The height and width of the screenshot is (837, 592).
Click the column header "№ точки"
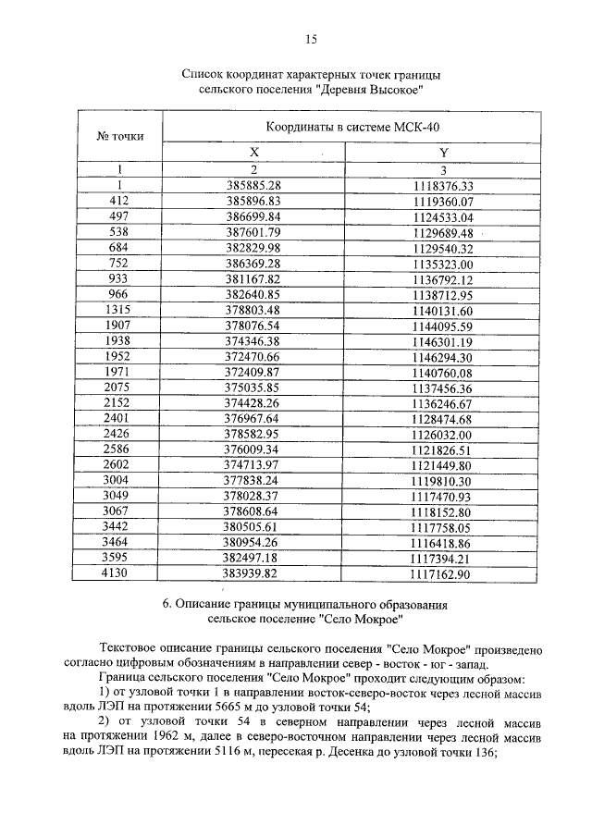coord(119,136)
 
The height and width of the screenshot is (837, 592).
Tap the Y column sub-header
coord(443,153)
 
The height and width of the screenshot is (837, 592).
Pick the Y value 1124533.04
coord(443,216)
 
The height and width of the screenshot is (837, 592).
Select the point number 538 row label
coord(118,232)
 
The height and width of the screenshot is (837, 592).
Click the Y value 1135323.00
coord(443,264)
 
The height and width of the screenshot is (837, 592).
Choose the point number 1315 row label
coord(118,311)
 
